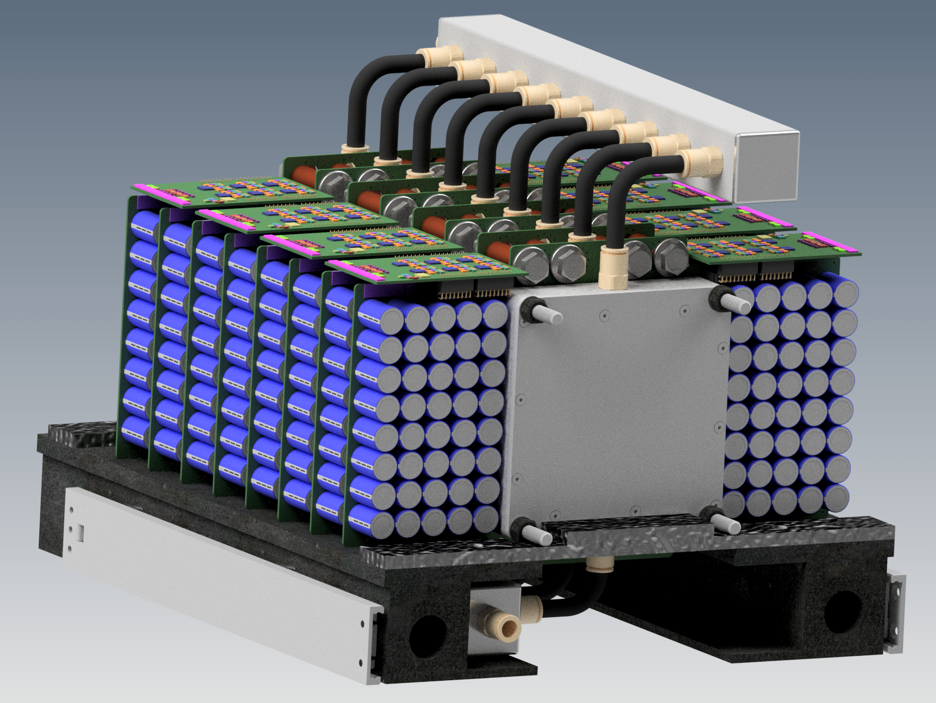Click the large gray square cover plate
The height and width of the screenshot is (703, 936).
tap(616, 409)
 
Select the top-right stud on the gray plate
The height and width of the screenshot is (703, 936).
tap(735, 303)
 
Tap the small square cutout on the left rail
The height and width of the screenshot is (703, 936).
tap(79, 531)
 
